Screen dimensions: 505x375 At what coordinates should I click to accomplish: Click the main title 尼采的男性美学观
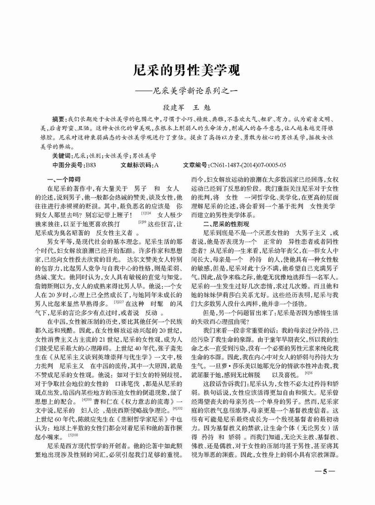(187, 71)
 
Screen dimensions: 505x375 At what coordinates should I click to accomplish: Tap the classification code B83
(91, 165)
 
